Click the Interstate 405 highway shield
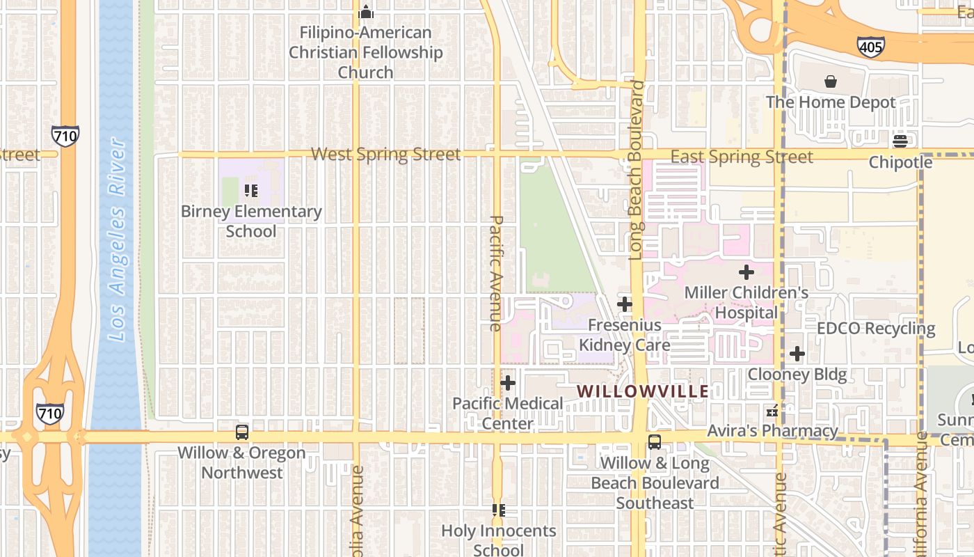point(870,47)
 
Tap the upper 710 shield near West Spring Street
point(65,135)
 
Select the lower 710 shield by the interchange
point(50,414)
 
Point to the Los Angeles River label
point(117,240)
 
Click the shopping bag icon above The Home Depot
point(830,81)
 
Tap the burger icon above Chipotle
point(900,141)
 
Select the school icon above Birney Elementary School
point(251,190)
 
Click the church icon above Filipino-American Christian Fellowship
point(365,12)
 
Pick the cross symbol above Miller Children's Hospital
point(747,272)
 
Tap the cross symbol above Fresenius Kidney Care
point(625,304)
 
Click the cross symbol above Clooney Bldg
point(797,354)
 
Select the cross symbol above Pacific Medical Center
point(508,382)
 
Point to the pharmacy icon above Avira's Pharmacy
point(772,411)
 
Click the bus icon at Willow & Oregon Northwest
point(241,432)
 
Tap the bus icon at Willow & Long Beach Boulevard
point(654,441)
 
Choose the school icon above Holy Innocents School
point(498,510)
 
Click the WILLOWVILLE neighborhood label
point(643,391)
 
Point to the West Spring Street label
point(385,154)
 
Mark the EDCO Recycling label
point(876,328)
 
